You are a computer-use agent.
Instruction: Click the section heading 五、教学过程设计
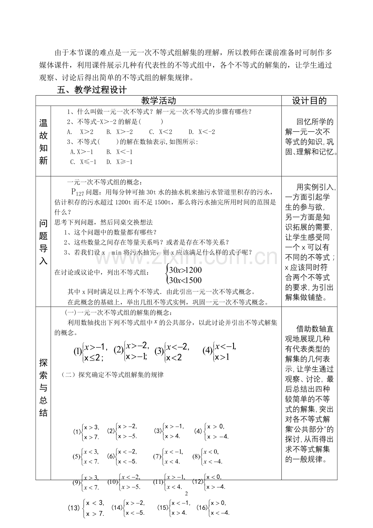coord(92,90)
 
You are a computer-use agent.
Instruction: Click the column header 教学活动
coord(159,101)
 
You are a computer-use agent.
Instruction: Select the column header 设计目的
coord(309,101)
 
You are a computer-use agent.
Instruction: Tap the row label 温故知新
coord(43,141)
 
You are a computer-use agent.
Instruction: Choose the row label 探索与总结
coord(43,387)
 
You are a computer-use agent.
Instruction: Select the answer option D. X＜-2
coord(202,132)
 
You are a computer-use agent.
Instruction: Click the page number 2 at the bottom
coord(186,494)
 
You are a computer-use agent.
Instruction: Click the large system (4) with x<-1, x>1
coord(219,351)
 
